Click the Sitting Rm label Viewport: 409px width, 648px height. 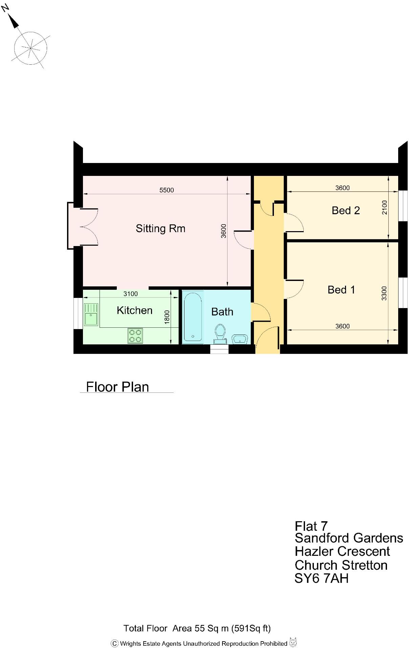160,228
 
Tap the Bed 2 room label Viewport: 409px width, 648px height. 345,210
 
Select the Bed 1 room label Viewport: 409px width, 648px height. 341,290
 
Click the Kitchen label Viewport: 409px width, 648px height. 134,310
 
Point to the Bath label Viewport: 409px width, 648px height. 222,312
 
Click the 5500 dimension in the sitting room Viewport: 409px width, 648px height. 167,190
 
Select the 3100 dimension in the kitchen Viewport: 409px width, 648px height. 130,294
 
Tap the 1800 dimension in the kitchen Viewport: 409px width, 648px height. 167,317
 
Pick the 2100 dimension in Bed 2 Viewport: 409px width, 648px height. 384,207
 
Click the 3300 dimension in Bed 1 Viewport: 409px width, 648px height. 384,293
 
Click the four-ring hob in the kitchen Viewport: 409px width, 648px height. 135,336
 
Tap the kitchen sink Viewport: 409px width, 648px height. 91,315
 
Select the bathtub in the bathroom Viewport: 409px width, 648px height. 193,317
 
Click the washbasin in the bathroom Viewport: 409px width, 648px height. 240,339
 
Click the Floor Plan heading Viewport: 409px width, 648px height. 117,387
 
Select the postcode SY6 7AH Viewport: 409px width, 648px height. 321,578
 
